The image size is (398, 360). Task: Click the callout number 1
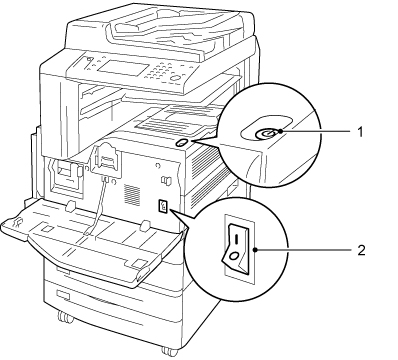pyautogui.click(x=360, y=132)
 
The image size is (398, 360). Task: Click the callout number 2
pyautogui.click(x=361, y=250)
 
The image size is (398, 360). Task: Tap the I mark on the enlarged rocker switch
pyautogui.click(x=236, y=238)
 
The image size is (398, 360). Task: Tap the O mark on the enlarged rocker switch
pyautogui.click(x=234, y=256)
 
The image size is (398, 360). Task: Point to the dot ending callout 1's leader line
pyautogui.click(x=282, y=132)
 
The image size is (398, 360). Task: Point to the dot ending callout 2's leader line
pyautogui.click(x=255, y=249)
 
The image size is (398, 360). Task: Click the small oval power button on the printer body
pyautogui.click(x=180, y=143)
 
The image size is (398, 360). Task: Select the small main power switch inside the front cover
pyautogui.click(x=163, y=207)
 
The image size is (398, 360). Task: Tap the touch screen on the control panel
pyautogui.click(x=123, y=68)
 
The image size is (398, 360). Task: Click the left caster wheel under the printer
pyautogui.click(x=65, y=317)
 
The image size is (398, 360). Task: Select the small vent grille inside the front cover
pyautogui.click(x=132, y=194)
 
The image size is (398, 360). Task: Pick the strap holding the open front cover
pyautogui.click(x=97, y=207)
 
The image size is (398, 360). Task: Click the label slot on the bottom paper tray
pyautogui.click(x=63, y=296)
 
